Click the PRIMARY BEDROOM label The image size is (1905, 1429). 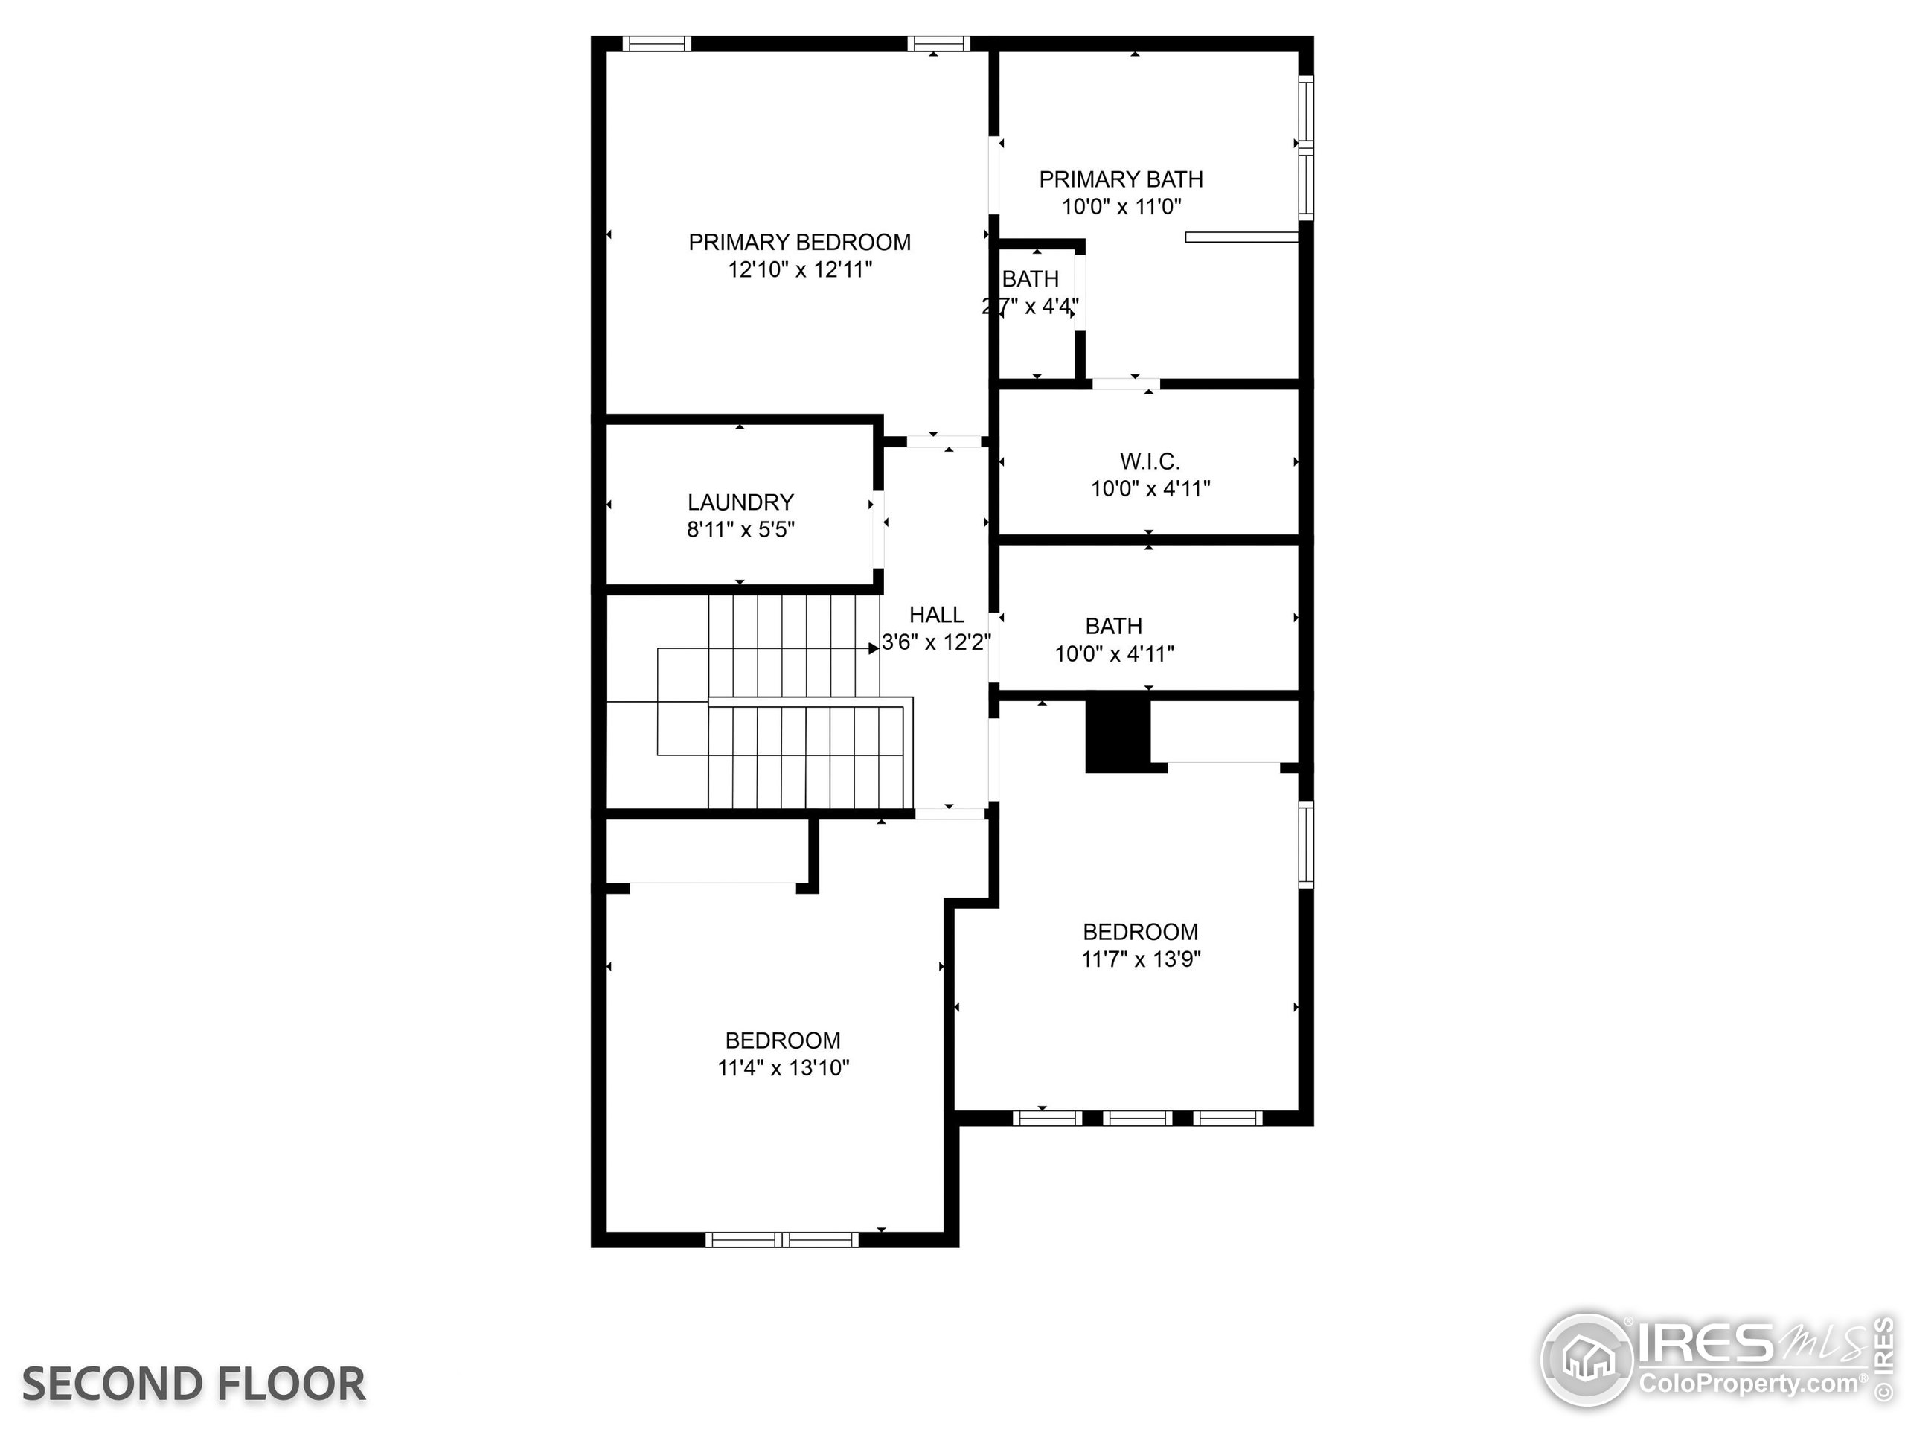799,242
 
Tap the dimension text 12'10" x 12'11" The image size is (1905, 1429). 799,269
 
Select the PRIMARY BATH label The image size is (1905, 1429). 1121,179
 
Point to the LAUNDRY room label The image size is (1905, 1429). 740,502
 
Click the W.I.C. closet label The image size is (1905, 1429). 1150,461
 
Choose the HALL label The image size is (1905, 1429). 936,615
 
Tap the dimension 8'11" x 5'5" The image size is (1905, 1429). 740,530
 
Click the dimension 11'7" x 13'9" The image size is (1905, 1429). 1140,959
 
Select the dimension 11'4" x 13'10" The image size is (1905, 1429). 783,1068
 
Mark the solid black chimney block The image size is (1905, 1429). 1117,734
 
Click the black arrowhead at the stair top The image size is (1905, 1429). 874,648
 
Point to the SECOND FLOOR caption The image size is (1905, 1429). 193,1384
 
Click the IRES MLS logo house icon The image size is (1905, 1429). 1587,1358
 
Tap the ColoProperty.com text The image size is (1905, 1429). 1748,1384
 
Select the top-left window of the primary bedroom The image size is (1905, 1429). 656,44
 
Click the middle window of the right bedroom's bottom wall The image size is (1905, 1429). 1137,1118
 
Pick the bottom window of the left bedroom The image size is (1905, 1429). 782,1239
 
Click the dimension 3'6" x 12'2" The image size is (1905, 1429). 936,642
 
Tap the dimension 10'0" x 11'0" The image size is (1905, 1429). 1121,207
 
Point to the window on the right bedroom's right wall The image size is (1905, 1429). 1306,844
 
